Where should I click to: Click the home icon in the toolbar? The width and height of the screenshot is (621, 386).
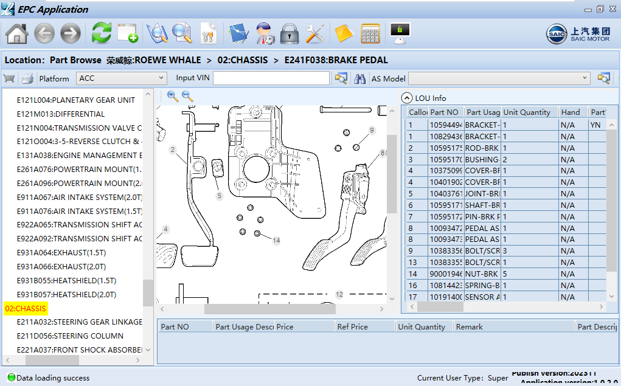(x=17, y=33)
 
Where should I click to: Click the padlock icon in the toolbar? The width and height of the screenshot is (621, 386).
(x=290, y=33)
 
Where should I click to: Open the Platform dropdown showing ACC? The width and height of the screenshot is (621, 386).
(x=121, y=78)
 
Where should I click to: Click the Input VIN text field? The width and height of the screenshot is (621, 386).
(x=271, y=78)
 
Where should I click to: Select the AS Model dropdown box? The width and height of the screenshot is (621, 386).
(x=499, y=78)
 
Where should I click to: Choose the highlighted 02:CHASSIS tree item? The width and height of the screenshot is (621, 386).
(x=26, y=308)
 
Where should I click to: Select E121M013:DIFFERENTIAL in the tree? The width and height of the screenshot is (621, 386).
(x=60, y=114)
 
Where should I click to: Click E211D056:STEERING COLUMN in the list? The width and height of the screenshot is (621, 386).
(x=70, y=336)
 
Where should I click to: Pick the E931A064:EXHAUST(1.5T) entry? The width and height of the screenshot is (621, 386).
(x=61, y=252)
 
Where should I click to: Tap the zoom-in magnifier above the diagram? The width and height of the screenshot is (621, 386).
(x=173, y=96)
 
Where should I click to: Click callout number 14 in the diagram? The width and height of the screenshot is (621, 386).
(x=276, y=241)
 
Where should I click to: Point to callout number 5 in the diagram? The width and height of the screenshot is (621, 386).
(x=220, y=196)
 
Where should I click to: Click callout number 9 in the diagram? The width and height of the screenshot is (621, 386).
(x=372, y=130)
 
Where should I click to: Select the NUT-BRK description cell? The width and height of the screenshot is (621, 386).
(x=482, y=274)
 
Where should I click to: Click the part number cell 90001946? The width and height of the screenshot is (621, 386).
(x=446, y=274)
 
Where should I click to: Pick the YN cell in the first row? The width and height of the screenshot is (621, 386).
(x=596, y=125)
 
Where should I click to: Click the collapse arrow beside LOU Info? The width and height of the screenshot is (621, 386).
(x=407, y=98)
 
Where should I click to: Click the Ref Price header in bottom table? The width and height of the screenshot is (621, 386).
(x=352, y=326)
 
